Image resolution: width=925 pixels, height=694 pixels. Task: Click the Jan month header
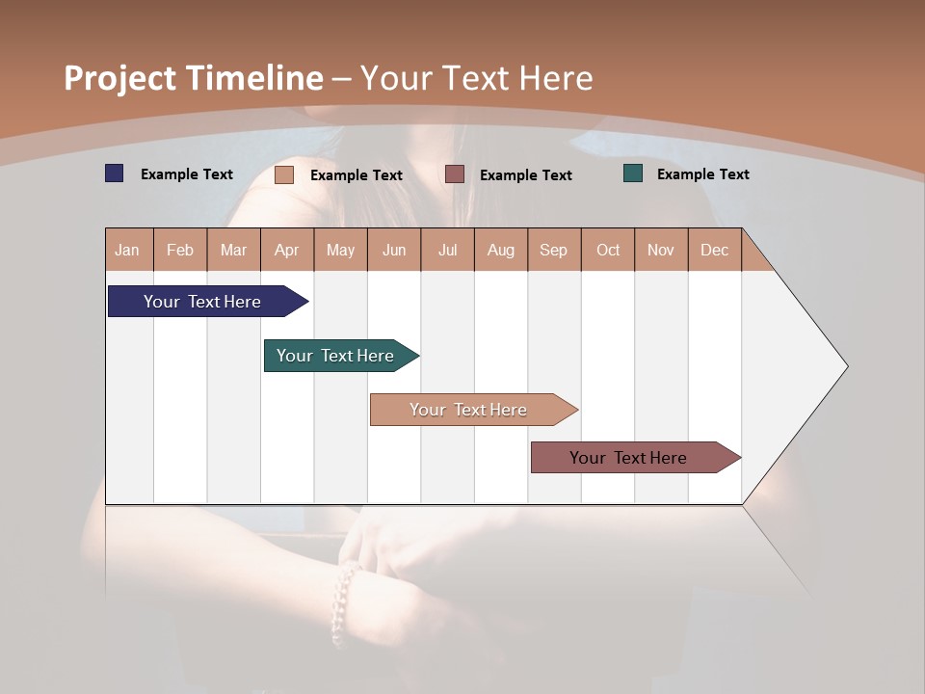(127, 250)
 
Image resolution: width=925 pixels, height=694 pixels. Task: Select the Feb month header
(180, 250)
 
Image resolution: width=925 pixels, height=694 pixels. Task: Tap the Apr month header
(286, 250)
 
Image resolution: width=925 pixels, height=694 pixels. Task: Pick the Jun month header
(394, 250)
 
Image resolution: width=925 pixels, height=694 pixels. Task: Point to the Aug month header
(500, 250)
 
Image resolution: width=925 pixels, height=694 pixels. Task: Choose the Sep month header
(553, 250)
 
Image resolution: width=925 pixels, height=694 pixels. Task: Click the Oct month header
(608, 250)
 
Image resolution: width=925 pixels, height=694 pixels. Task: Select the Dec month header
(714, 250)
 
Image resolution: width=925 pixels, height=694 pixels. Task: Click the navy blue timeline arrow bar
(203, 302)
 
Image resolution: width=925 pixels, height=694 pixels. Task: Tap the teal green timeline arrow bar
(336, 356)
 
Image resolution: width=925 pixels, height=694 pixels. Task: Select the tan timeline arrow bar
(469, 410)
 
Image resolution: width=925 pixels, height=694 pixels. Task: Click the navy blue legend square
(115, 173)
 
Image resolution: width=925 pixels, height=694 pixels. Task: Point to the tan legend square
(284, 174)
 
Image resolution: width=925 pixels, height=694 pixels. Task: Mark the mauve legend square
(455, 174)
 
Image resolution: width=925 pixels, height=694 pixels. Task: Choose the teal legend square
(633, 173)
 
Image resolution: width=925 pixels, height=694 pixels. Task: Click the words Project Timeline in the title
(193, 78)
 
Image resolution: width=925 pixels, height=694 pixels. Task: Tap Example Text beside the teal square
(702, 174)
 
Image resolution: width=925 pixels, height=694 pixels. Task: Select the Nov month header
(660, 250)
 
